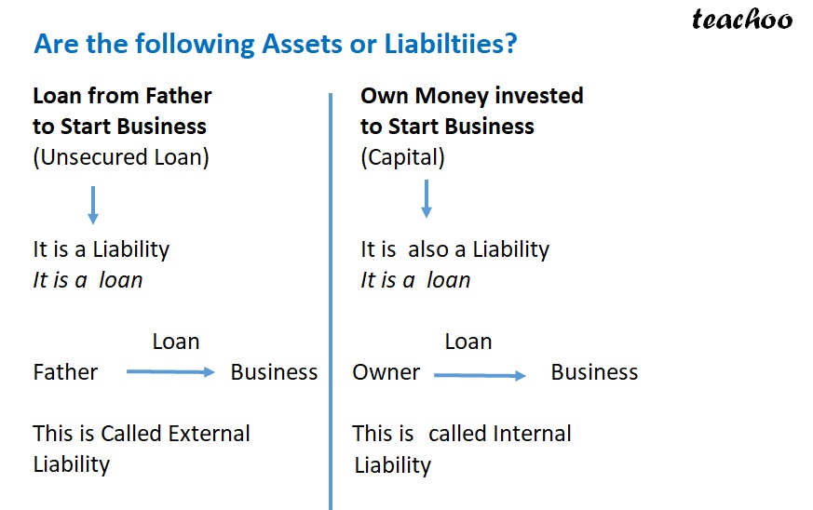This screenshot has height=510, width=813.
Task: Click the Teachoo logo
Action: (x=741, y=20)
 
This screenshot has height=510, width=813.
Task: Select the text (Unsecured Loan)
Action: (x=121, y=157)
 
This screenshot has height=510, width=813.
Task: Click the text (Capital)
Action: (x=402, y=157)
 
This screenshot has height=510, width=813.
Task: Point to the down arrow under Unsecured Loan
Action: (x=92, y=204)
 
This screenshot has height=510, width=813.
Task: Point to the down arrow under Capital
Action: (x=426, y=197)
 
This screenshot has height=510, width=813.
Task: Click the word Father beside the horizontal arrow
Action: (x=65, y=372)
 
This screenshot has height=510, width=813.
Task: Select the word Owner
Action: (x=386, y=372)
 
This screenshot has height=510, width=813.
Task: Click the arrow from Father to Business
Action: (x=169, y=372)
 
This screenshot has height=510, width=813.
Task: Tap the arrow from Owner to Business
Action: (x=480, y=375)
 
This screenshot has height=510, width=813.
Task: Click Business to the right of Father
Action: (x=274, y=372)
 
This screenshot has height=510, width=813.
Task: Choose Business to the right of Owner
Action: (x=594, y=372)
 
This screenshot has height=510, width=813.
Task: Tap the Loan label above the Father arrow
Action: (x=175, y=342)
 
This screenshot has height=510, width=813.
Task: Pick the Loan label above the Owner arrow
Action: (x=467, y=342)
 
